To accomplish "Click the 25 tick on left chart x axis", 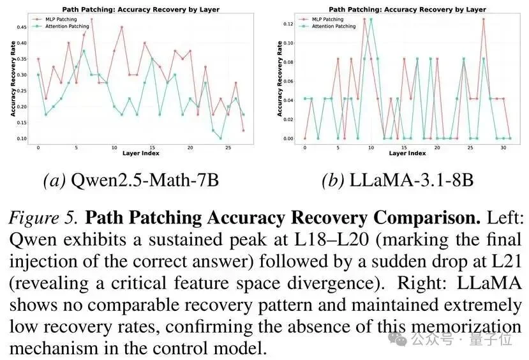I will (x=228, y=148).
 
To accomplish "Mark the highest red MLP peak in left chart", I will (x=91, y=19).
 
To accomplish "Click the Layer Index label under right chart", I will (x=407, y=154).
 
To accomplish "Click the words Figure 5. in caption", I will (x=43, y=218).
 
